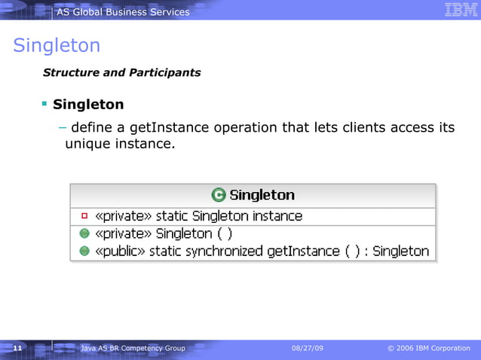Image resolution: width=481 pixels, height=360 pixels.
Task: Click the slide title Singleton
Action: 57,46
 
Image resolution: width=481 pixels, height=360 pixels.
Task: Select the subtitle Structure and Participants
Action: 121,73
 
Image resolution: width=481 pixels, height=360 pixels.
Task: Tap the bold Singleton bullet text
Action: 88,104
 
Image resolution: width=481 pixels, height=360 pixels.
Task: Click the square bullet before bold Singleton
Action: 44,102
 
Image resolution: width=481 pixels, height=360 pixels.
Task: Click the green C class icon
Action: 219,195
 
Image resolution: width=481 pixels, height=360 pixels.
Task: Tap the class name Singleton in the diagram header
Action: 262,195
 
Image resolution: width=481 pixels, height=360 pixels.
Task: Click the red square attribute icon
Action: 84,215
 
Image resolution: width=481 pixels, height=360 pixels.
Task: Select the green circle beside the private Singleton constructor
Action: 84,233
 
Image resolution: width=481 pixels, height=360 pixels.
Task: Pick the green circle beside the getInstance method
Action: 84,251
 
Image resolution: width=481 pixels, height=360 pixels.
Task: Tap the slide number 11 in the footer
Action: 17,348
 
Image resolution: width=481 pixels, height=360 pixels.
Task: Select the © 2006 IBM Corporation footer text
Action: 428,348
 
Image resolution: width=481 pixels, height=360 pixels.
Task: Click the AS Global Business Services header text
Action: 123,11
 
